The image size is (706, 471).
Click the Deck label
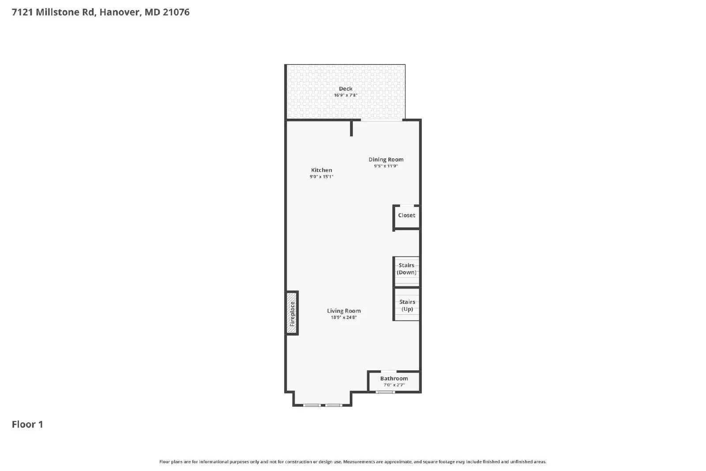pyautogui.click(x=345, y=89)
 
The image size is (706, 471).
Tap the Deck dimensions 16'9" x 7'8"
pyautogui.click(x=345, y=95)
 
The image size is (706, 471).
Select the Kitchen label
pyautogui.click(x=321, y=170)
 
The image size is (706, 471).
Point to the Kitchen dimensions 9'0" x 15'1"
pyautogui.click(x=321, y=177)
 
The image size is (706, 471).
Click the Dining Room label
pyautogui.click(x=386, y=159)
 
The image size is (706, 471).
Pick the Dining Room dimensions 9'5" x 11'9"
pyautogui.click(x=386, y=166)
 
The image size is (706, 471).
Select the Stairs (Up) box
pyautogui.click(x=407, y=305)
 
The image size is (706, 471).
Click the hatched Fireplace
pyautogui.click(x=292, y=313)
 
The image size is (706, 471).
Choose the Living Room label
pyautogui.click(x=344, y=311)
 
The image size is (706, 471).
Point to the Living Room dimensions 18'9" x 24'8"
pyautogui.click(x=344, y=317)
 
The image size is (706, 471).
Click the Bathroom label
pyautogui.click(x=394, y=378)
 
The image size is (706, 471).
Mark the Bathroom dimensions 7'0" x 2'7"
pyautogui.click(x=394, y=385)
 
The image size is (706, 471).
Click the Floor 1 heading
pyautogui.click(x=27, y=424)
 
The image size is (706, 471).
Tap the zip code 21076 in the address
pyautogui.click(x=176, y=12)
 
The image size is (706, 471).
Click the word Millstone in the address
pyautogui.click(x=58, y=12)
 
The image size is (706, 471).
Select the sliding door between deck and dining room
pyautogui.click(x=382, y=120)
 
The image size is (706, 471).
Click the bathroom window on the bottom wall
pyautogui.click(x=385, y=392)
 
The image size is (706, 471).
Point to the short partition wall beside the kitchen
pyautogui.click(x=351, y=128)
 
